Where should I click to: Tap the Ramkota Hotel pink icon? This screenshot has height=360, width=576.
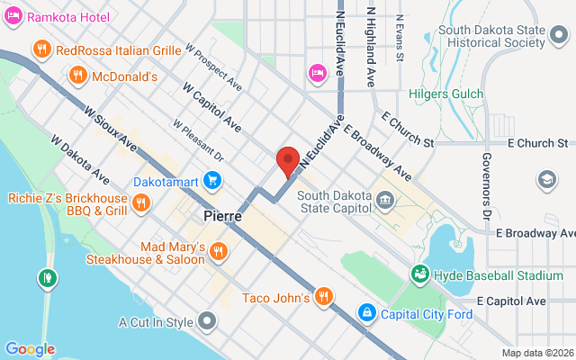(13, 17)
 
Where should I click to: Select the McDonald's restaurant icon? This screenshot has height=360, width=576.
(79, 76)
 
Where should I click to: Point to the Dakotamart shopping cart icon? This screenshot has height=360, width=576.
(212, 181)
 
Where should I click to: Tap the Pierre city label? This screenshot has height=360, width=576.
(221, 216)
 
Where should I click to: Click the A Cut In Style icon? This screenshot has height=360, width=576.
(208, 321)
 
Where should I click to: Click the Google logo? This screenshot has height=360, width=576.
(30, 349)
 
